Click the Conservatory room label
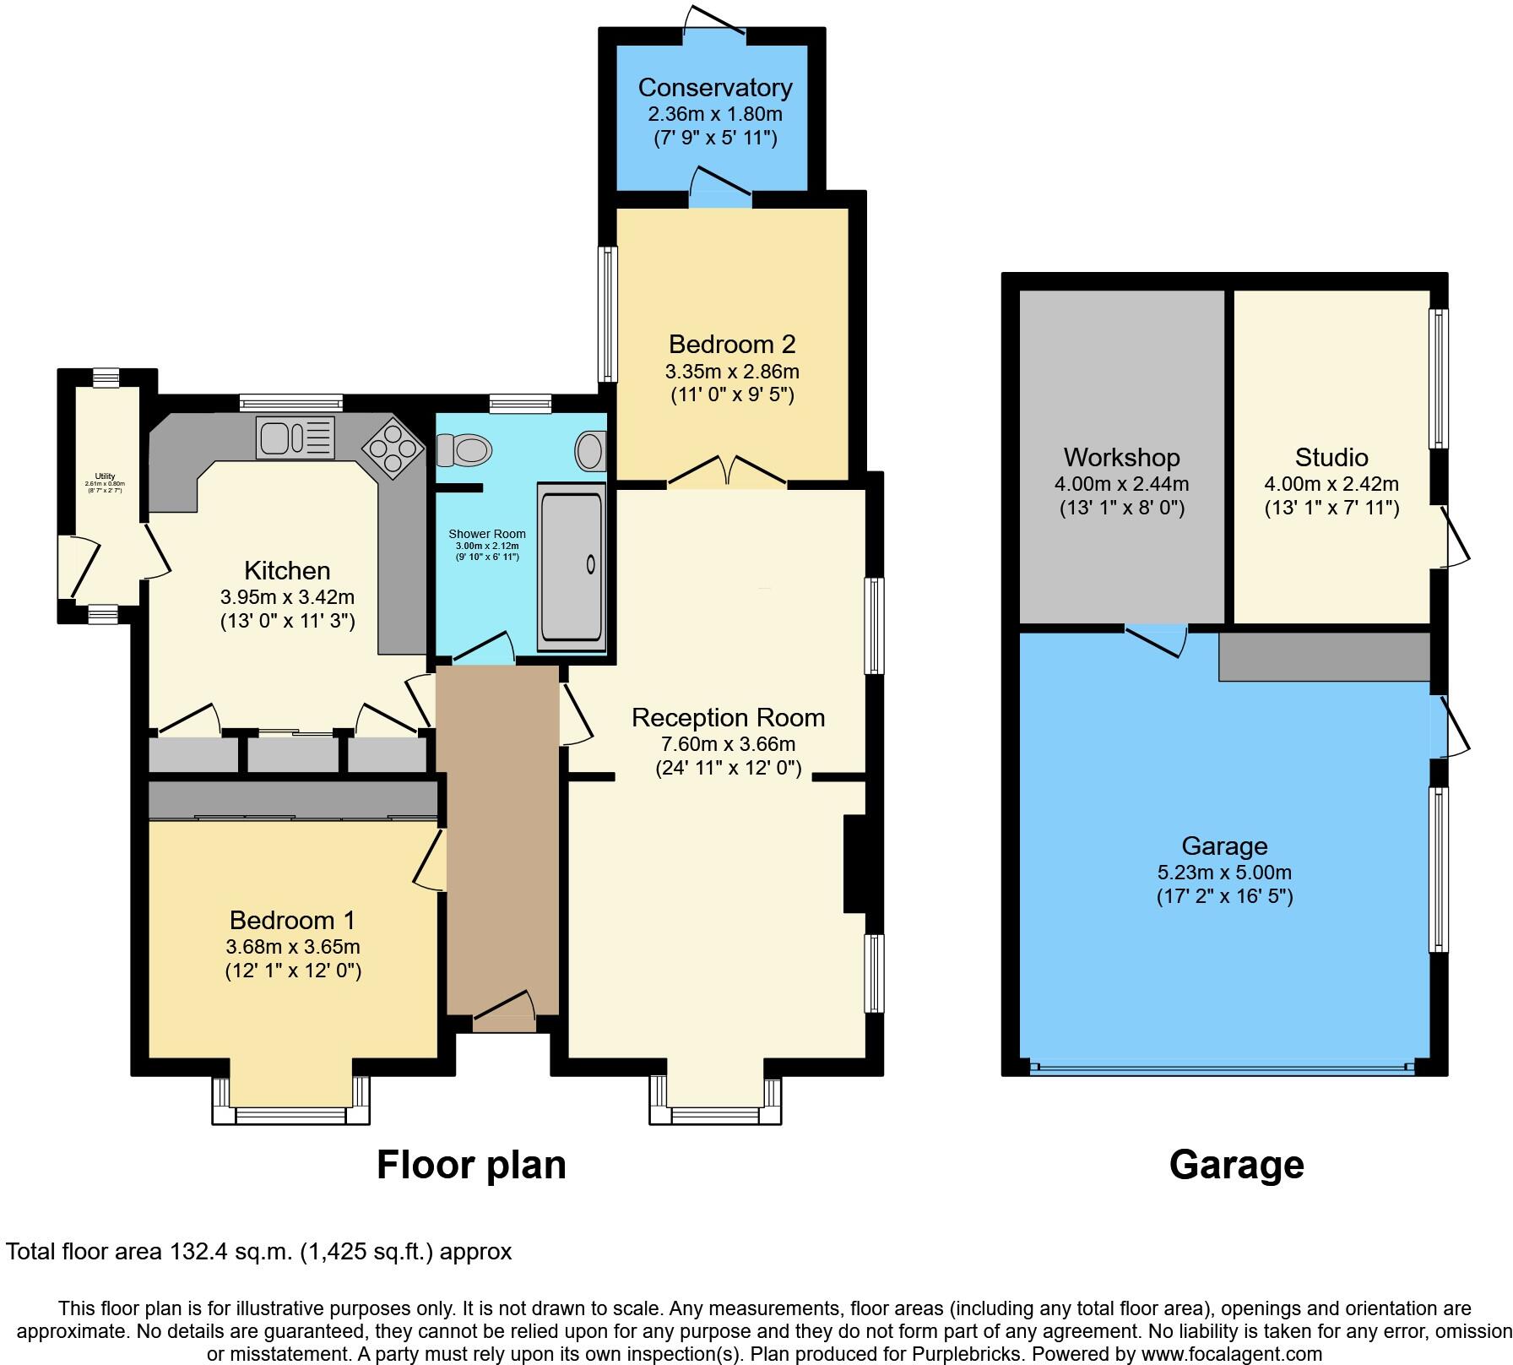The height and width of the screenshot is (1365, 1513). tap(714, 88)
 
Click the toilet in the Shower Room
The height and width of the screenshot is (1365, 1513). tap(464, 451)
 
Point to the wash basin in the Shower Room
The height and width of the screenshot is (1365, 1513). tap(590, 451)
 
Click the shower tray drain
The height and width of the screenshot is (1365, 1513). tap(590, 564)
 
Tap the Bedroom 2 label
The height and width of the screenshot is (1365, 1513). tap(732, 345)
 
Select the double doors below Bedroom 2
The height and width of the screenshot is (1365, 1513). tap(728, 473)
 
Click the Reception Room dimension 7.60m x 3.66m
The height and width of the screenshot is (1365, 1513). tap(728, 744)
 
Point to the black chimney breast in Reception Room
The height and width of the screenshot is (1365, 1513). tap(854, 863)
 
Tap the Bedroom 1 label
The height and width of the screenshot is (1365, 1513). tap(292, 920)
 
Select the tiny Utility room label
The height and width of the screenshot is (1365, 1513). tap(105, 477)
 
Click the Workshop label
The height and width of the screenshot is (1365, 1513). tap(1121, 458)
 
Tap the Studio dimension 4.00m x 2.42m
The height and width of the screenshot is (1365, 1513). tap(1331, 485)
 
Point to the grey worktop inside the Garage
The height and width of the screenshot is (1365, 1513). tap(1324, 657)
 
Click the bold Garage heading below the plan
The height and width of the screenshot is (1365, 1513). tap(1236, 1165)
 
